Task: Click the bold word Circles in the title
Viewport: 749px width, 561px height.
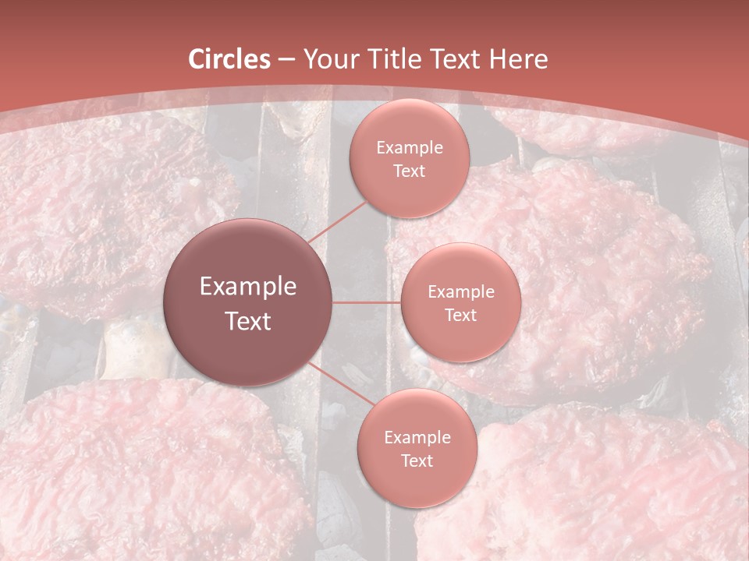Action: tap(229, 59)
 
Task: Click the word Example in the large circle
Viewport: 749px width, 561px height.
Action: tap(248, 287)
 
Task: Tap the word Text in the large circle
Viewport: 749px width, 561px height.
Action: tap(248, 321)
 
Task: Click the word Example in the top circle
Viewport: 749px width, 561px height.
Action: tap(410, 148)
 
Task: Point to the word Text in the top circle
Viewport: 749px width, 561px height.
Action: tap(410, 171)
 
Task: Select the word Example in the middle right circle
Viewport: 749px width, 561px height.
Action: tap(460, 292)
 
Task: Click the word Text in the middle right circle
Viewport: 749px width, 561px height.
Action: tap(460, 315)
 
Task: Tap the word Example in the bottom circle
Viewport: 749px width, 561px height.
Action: tap(417, 437)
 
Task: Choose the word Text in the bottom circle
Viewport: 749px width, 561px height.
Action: tap(417, 460)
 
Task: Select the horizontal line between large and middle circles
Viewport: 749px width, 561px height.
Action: tap(367, 302)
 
